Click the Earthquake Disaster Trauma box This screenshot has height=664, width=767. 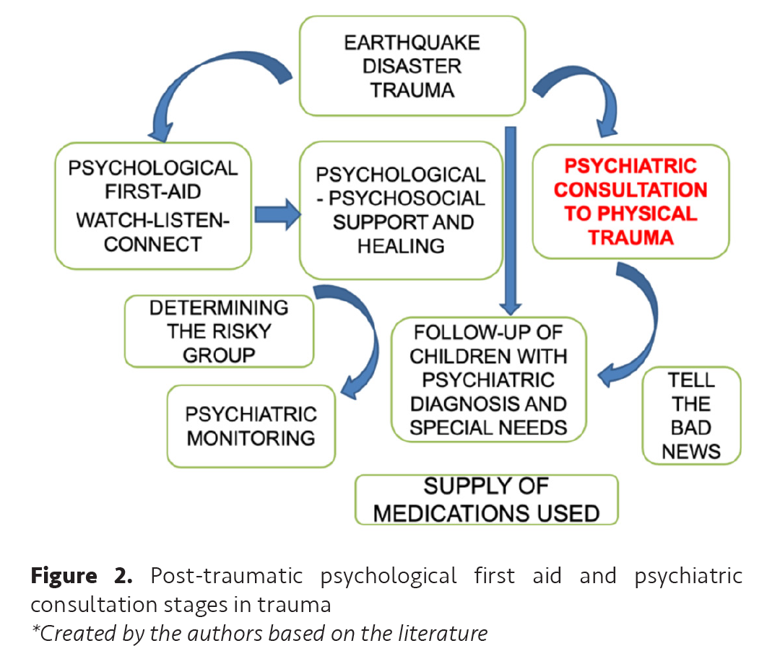click(x=412, y=66)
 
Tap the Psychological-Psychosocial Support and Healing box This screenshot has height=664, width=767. click(x=401, y=210)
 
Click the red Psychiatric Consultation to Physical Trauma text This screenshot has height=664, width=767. click(x=630, y=201)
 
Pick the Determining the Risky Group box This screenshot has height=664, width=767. click(x=219, y=331)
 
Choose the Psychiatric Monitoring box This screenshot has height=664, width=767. click(x=251, y=426)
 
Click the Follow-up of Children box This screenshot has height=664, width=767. click(x=488, y=380)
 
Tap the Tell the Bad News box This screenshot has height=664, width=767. click(x=691, y=416)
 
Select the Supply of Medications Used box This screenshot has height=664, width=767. click(x=486, y=499)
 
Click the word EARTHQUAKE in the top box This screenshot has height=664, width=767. click(x=412, y=42)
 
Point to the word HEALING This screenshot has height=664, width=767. click(x=400, y=245)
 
